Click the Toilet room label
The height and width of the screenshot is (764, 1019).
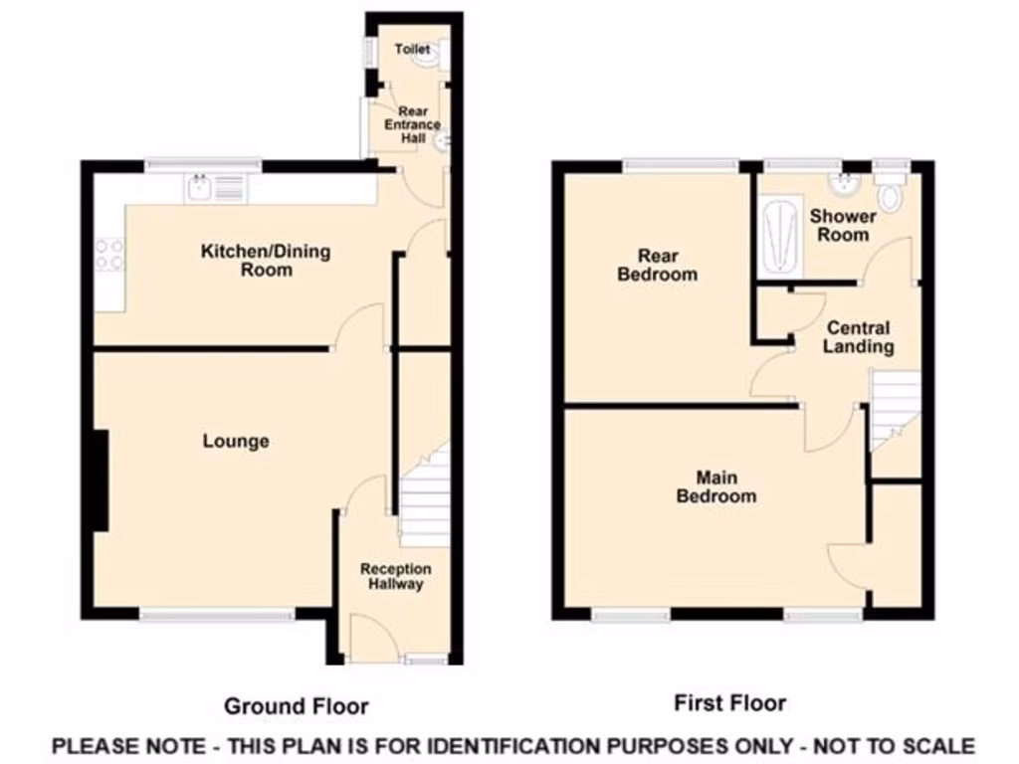(412, 49)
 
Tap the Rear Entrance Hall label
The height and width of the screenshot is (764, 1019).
(413, 125)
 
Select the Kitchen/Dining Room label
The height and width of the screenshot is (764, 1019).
(266, 260)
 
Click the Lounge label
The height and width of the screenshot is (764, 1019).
(236, 441)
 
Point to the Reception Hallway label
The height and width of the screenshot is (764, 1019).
(396, 576)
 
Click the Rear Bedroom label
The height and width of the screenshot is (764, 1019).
(657, 266)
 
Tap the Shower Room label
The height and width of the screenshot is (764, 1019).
(842, 225)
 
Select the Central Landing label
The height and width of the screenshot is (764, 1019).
(859, 337)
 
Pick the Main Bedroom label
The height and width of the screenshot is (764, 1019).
(715, 486)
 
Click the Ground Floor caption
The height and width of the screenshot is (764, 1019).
(296, 706)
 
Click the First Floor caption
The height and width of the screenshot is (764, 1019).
(729, 703)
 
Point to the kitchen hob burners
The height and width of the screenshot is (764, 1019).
(108, 255)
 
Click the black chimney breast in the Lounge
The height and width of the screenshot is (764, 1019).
(101, 479)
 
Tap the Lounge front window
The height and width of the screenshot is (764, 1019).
(217, 616)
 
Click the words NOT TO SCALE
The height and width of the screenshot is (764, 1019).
(895, 745)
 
